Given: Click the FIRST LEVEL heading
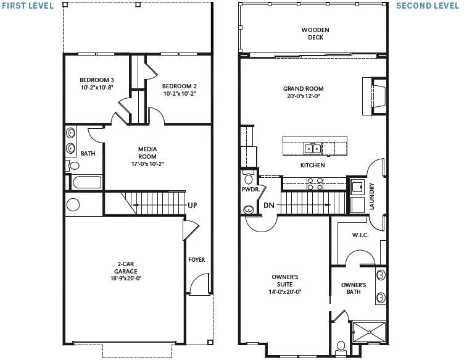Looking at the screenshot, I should tap(27, 6).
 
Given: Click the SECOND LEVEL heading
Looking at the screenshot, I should tap(428, 6).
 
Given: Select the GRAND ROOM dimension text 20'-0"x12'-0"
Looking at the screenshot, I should tap(303, 96).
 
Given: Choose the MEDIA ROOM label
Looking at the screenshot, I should tap(147, 153).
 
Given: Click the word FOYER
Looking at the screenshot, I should tap(196, 259).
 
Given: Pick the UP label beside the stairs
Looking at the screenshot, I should tap(192, 206).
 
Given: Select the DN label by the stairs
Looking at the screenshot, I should tap(268, 205).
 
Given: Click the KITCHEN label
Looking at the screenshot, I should tap(312, 165).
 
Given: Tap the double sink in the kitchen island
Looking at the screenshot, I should tap(313, 148).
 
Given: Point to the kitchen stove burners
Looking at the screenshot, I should tap(314, 183).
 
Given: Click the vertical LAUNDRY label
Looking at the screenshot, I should tap(371, 196).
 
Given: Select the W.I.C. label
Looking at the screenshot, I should tap(360, 235).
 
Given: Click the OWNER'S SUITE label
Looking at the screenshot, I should tap(284, 284).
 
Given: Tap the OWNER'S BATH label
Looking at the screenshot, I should tap(354, 288).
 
